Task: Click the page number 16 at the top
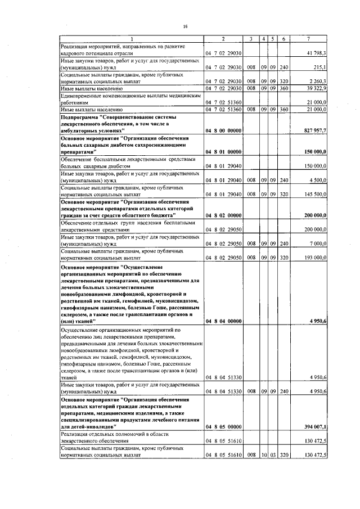tap(184, 26)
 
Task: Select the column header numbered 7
tap(309, 38)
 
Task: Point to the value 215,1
tap(321, 67)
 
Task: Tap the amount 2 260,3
tap(318, 81)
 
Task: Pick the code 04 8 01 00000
tap(223, 152)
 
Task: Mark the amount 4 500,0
tap(319, 180)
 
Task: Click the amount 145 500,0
tap(317, 194)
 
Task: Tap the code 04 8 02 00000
tap(223, 215)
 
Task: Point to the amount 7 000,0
tap(319, 244)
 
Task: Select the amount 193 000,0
tap(317, 258)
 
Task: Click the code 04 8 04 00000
tap(223, 321)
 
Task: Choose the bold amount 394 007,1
tap(316, 427)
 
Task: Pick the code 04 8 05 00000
tap(223, 427)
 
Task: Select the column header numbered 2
tap(223, 38)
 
